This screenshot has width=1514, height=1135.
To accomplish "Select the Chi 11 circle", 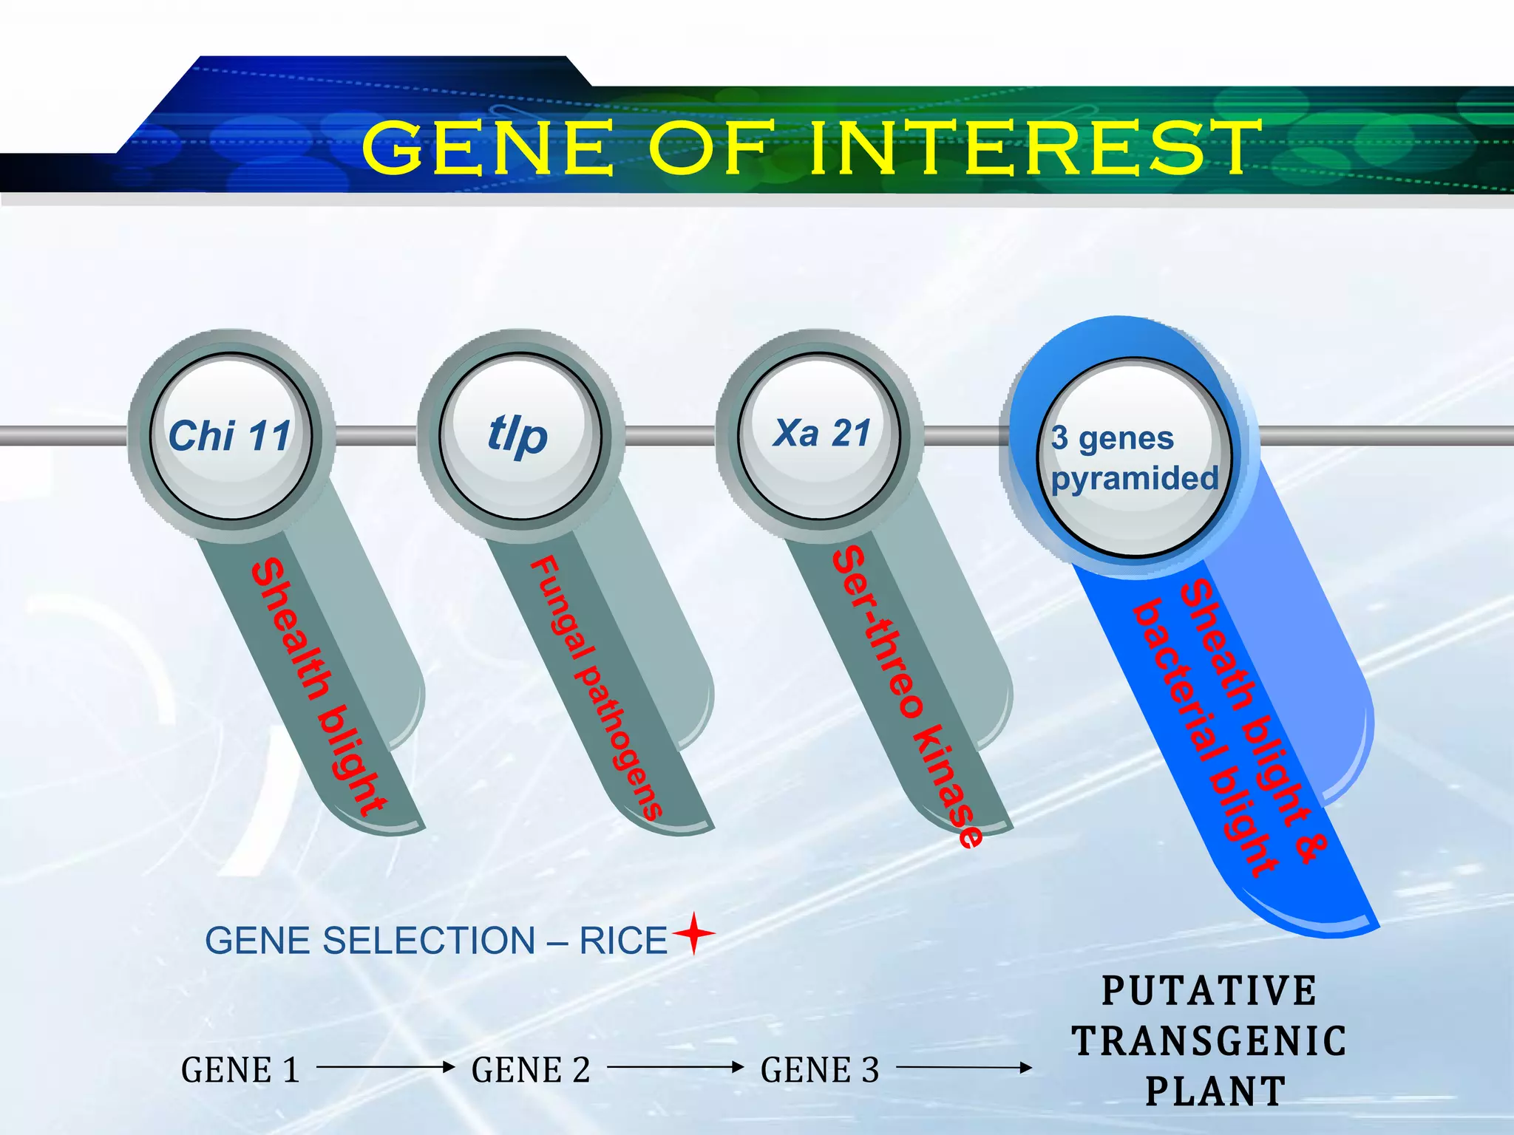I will tap(231, 436).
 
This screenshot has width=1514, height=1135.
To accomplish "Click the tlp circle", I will tap(519, 436).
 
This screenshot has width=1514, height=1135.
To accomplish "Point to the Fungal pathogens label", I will tap(595, 687).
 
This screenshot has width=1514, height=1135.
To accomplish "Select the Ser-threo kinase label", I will tap(906, 695).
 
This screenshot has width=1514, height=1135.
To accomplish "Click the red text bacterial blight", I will tap(1205, 739).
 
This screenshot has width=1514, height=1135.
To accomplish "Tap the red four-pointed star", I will tap(693, 933).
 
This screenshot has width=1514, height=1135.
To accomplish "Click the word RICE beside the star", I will tap(623, 941).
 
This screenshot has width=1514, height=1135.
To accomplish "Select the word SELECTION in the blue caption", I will tap(429, 941).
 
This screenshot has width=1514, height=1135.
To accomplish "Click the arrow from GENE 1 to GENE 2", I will tap(384, 1067).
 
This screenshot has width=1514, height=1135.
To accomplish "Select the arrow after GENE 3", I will tap(963, 1067).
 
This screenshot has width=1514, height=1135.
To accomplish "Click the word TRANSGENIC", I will tap(1209, 1041).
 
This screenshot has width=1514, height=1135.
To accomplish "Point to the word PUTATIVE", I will tap(1209, 991).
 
